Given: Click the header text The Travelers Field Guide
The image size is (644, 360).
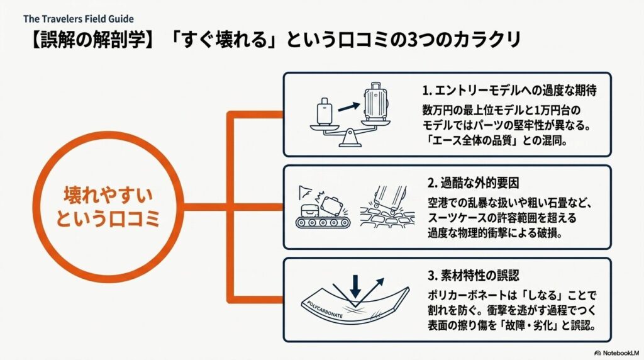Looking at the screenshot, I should pos(79,19).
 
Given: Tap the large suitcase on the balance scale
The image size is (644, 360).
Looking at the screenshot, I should pos(375,104).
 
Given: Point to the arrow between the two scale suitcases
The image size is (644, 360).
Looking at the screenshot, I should pos(348,108).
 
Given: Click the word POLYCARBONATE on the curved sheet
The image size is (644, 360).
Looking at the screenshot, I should pos(330,313).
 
